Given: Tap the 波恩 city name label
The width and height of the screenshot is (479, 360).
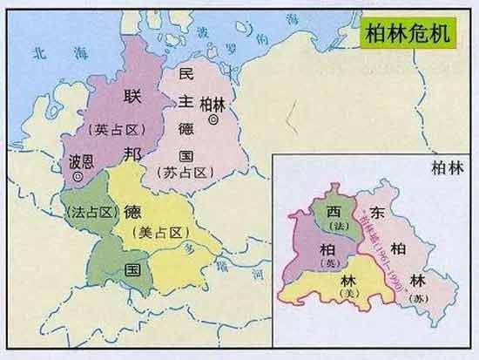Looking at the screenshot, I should [83, 162].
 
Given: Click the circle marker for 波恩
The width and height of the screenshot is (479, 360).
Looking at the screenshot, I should [79, 177].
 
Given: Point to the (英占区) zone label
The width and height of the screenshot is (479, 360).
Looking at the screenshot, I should [111, 128].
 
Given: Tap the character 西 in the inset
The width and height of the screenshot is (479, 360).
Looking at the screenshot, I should [334, 212].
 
